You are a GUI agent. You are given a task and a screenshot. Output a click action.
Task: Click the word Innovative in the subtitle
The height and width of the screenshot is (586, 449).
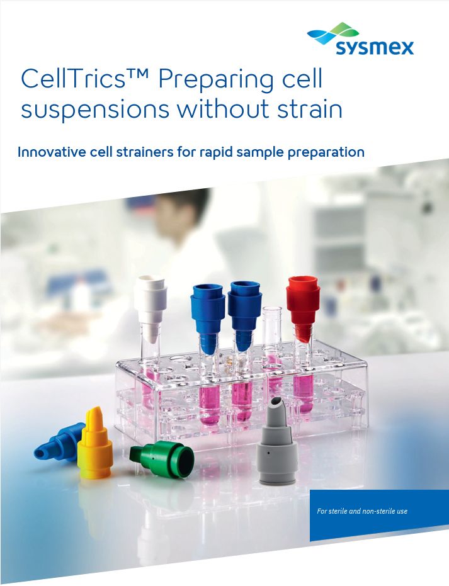52,152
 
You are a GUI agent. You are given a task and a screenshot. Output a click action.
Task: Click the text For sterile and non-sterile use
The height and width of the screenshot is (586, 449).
362,511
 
